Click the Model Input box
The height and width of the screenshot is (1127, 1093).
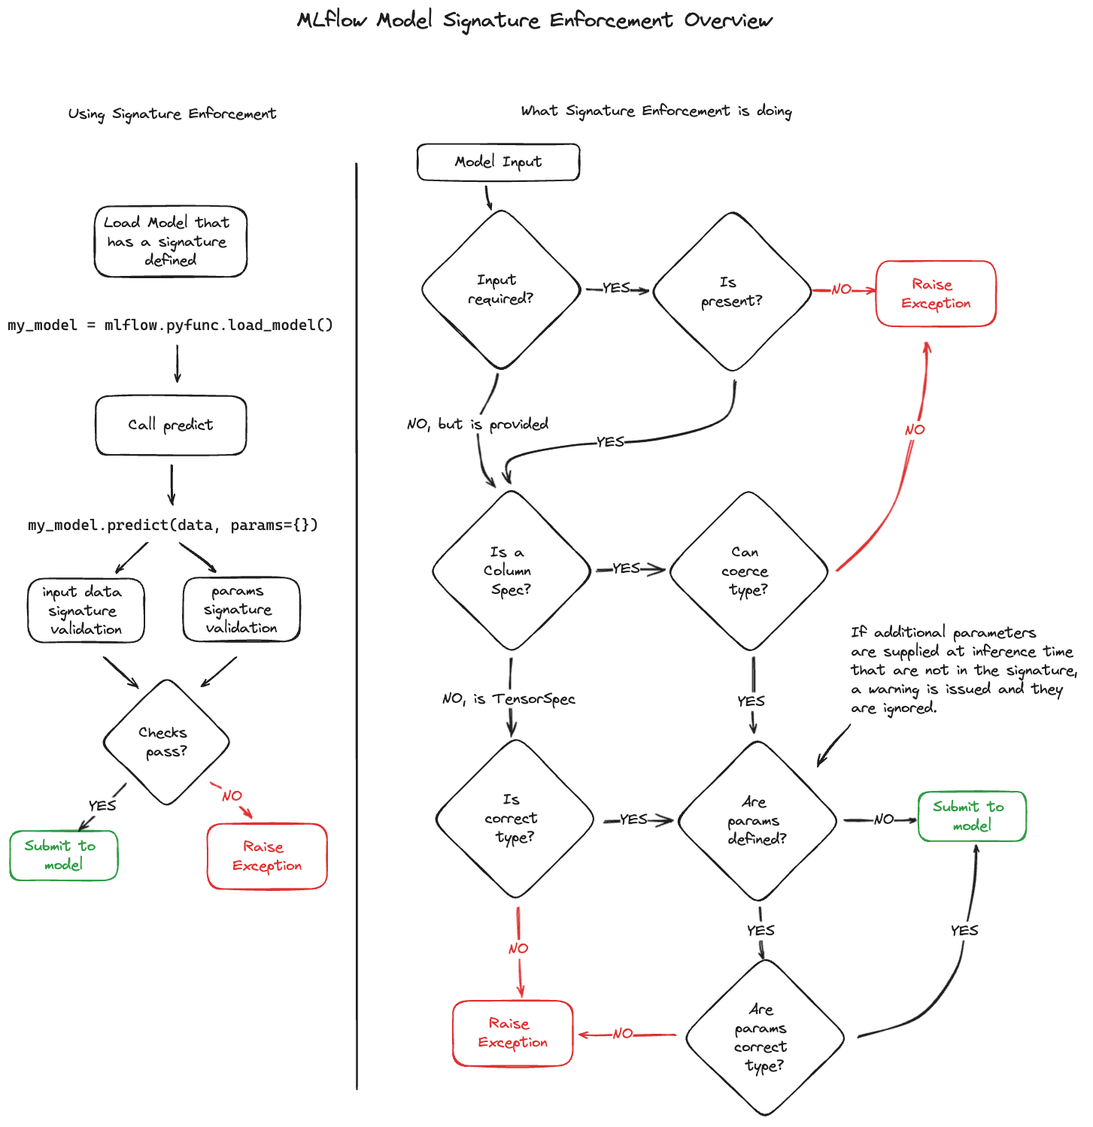tap(498, 162)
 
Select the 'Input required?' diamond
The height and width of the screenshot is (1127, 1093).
tap(501, 290)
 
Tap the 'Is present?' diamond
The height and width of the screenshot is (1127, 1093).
tap(732, 292)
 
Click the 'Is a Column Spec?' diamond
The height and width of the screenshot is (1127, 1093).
tap(512, 571)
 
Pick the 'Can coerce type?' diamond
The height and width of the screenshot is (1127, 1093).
tap(748, 571)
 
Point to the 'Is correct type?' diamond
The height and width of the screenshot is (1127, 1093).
tap(515, 819)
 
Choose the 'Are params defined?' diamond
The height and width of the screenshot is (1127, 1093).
tap(757, 821)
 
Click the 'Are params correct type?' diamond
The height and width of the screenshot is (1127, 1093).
tap(764, 1038)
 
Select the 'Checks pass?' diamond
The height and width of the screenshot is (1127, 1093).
tap(166, 742)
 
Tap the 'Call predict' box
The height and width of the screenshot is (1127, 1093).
tap(171, 426)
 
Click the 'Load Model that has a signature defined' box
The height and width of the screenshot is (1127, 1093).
tap(171, 241)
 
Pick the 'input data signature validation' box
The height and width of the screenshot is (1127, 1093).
tap(86, 610)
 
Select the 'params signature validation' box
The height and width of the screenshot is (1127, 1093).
tap(241, 609)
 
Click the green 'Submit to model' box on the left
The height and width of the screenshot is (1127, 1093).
tap(64, 856)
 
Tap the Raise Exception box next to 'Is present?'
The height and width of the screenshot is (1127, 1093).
tap(936, 294)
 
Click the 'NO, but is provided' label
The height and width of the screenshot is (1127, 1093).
tap(478, 424)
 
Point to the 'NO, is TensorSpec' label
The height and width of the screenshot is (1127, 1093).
tap(509, 699)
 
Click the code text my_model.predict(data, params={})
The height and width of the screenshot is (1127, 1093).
tap(173, 525)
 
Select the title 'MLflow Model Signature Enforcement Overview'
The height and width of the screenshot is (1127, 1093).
tap(535, 20)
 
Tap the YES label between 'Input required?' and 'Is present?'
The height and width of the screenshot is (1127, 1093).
tap(616, 288)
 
